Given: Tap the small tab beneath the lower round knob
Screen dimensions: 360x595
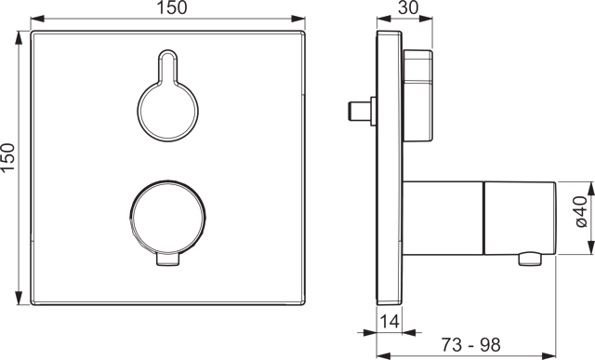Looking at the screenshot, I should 167,262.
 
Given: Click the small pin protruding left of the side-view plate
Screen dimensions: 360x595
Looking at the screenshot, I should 359,111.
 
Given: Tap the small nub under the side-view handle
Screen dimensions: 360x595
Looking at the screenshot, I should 530,258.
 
